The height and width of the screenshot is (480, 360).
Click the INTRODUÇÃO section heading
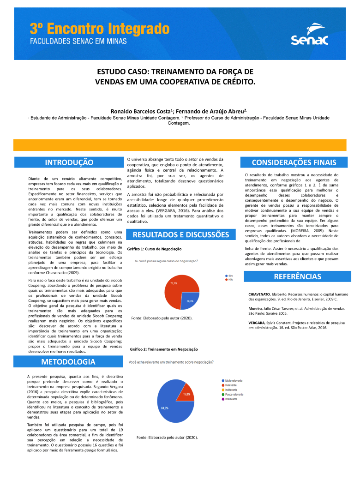[69, 162]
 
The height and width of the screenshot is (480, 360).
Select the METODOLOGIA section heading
[68, 361]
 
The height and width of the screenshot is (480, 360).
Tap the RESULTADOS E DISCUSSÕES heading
[181, 234]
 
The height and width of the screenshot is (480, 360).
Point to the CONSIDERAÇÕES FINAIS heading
[294, 162]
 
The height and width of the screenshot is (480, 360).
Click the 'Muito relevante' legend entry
[233, 381]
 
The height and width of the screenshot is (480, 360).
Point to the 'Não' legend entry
[229, 280]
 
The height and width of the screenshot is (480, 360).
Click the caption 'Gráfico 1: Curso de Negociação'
[154, 249]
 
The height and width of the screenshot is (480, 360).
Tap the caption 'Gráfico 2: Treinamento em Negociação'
[164, 349]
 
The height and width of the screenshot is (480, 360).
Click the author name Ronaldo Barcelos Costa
[141, 111]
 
